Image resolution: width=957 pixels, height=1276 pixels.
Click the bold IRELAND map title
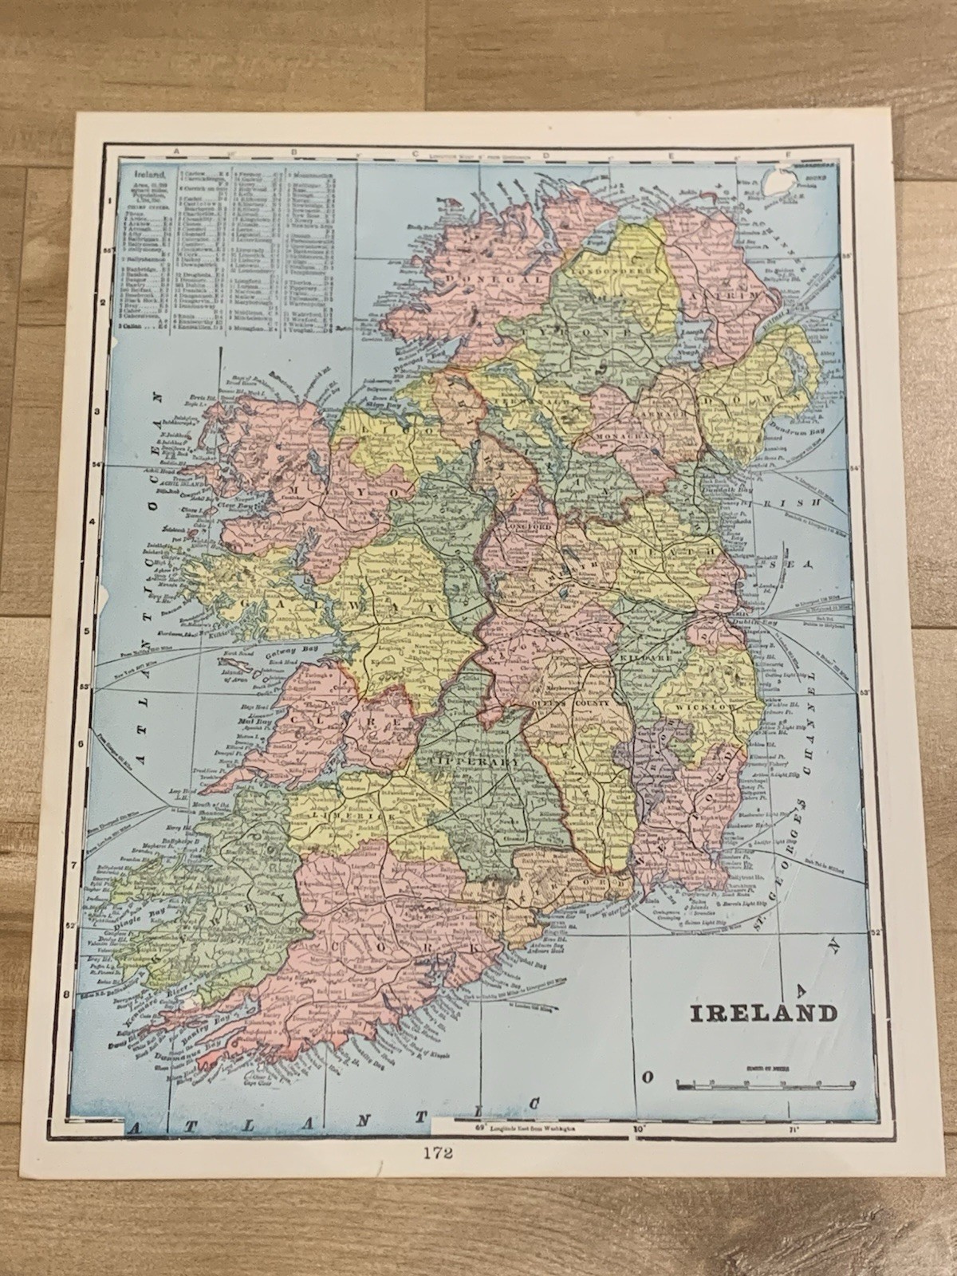click(x=762, y=1014)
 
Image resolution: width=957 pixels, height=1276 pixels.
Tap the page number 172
click(x=478, y=1151)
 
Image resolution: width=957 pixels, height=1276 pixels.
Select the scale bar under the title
click(x=765, y=1083)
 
